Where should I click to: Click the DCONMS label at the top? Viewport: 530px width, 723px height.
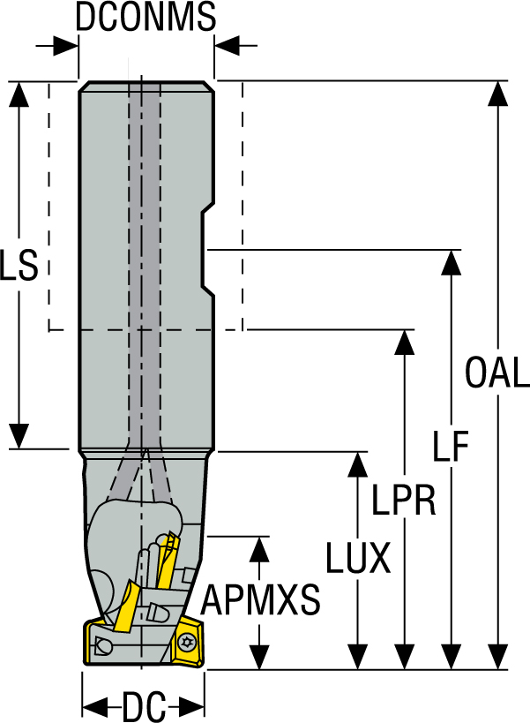click(146, 17)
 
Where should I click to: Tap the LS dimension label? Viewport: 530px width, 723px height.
click(19, 266)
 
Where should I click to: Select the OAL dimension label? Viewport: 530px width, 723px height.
click(497, 374)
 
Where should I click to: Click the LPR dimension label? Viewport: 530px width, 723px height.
click(404, 500)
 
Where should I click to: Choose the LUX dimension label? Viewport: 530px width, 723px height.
click(357, 558)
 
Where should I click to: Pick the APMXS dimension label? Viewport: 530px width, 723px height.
click(261, 602)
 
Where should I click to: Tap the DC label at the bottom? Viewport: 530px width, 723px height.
click(145, 706)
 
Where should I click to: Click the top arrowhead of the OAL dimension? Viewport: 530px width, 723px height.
click(499, 94)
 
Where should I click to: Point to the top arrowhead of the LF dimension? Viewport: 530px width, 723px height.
click(452, 262)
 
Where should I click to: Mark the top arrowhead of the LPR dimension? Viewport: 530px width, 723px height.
click(405, 342)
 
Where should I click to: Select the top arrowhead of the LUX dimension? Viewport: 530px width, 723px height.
click(357, 463)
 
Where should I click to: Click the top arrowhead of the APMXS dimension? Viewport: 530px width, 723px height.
click(259, 547)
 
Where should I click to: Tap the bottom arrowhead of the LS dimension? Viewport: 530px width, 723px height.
click(19, 436)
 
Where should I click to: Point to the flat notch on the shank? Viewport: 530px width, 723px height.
click(208, 249)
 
